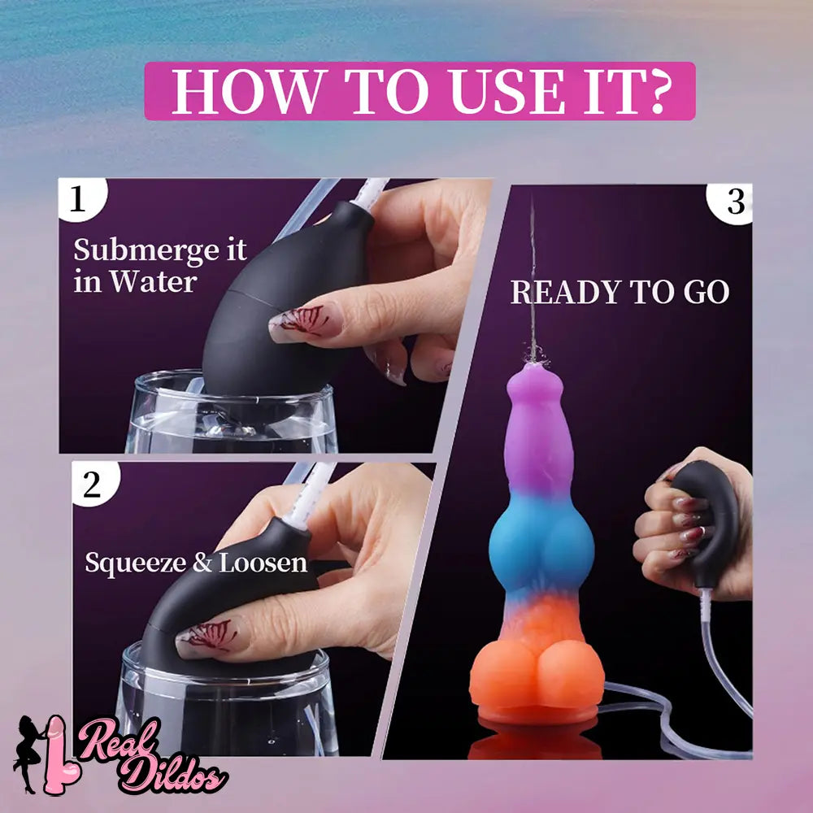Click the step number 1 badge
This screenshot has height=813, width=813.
tap(80, 198)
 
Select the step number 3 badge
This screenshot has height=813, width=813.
tap(731, 203)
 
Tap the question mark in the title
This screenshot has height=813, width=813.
tap(650, 91)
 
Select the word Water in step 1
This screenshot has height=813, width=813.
tap(153, 282)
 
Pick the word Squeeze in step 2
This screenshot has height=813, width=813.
tap(135, 564)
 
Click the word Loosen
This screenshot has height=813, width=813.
tap(263, 563)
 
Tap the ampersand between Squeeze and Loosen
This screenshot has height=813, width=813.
tap(202, 563)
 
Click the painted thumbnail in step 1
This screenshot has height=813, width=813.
tap(305, 321)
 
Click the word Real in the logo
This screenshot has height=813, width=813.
tap(118, 739)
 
